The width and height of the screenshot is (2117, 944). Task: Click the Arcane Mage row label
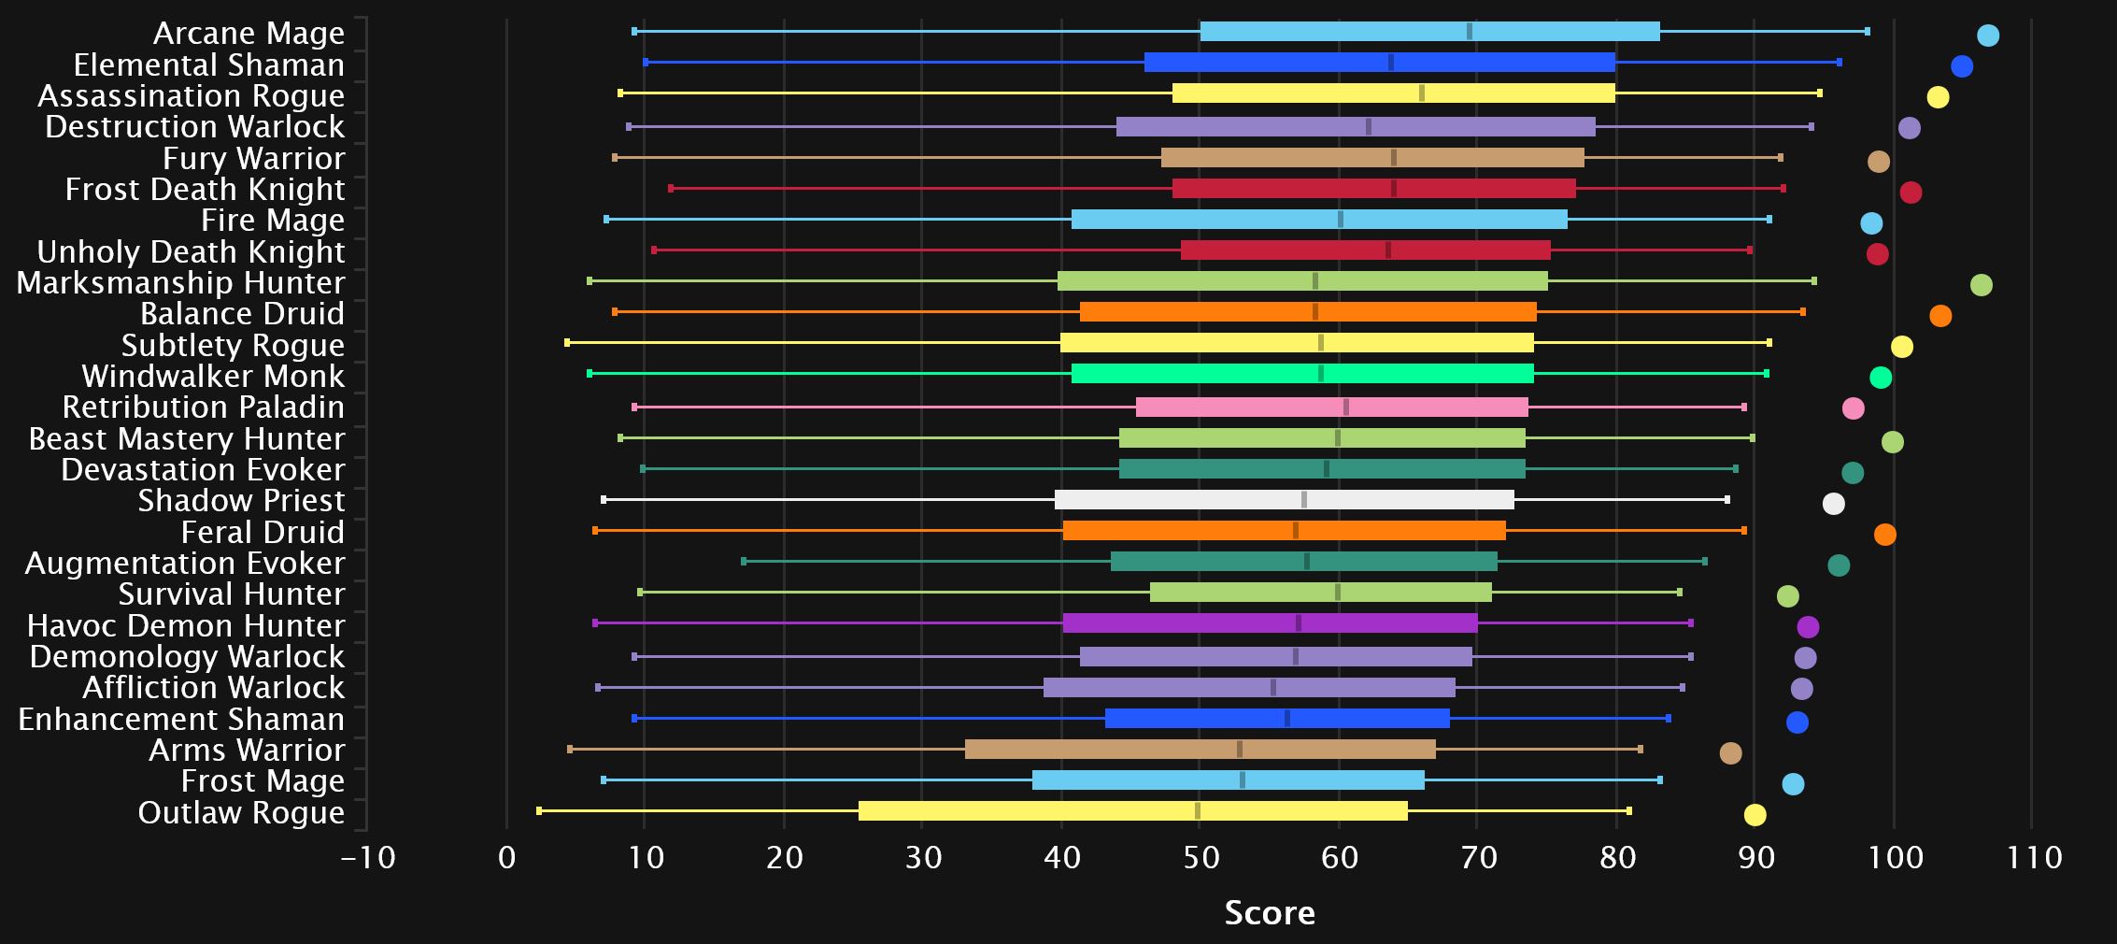pos(249,33)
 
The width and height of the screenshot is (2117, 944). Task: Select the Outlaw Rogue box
pos(1132,810)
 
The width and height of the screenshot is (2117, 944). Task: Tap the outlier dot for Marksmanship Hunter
pos(1981,285)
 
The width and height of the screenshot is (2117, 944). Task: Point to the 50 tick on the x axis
pos(1201,857)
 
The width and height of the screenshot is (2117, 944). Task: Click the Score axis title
pos(1270,913)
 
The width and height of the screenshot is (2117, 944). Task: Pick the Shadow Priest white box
pos(1284,500)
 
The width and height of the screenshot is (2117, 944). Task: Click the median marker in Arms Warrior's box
pos(1239,749)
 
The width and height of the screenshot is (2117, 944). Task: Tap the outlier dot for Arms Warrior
pos(1730,753)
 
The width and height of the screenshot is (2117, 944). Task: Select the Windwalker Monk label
pos(213,376)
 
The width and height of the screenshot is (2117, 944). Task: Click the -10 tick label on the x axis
pos(368,857)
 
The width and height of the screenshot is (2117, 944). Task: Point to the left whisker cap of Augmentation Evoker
pos(744,562)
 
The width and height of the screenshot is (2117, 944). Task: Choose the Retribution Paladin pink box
pos(1331,407)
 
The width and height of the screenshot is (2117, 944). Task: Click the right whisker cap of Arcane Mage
pos(1867,32)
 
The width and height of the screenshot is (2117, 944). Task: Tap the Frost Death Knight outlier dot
pos(1911,193)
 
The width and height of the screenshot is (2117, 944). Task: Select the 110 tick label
pos(2034,857)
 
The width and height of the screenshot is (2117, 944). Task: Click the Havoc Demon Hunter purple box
pos(1270,623)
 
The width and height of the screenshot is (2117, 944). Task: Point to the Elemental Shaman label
pos(208,64)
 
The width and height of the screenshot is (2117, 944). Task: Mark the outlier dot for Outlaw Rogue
pos(1755,815)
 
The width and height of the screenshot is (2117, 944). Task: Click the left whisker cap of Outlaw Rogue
pos(539,810)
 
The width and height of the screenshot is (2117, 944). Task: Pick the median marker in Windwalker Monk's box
pos(1320,374)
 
